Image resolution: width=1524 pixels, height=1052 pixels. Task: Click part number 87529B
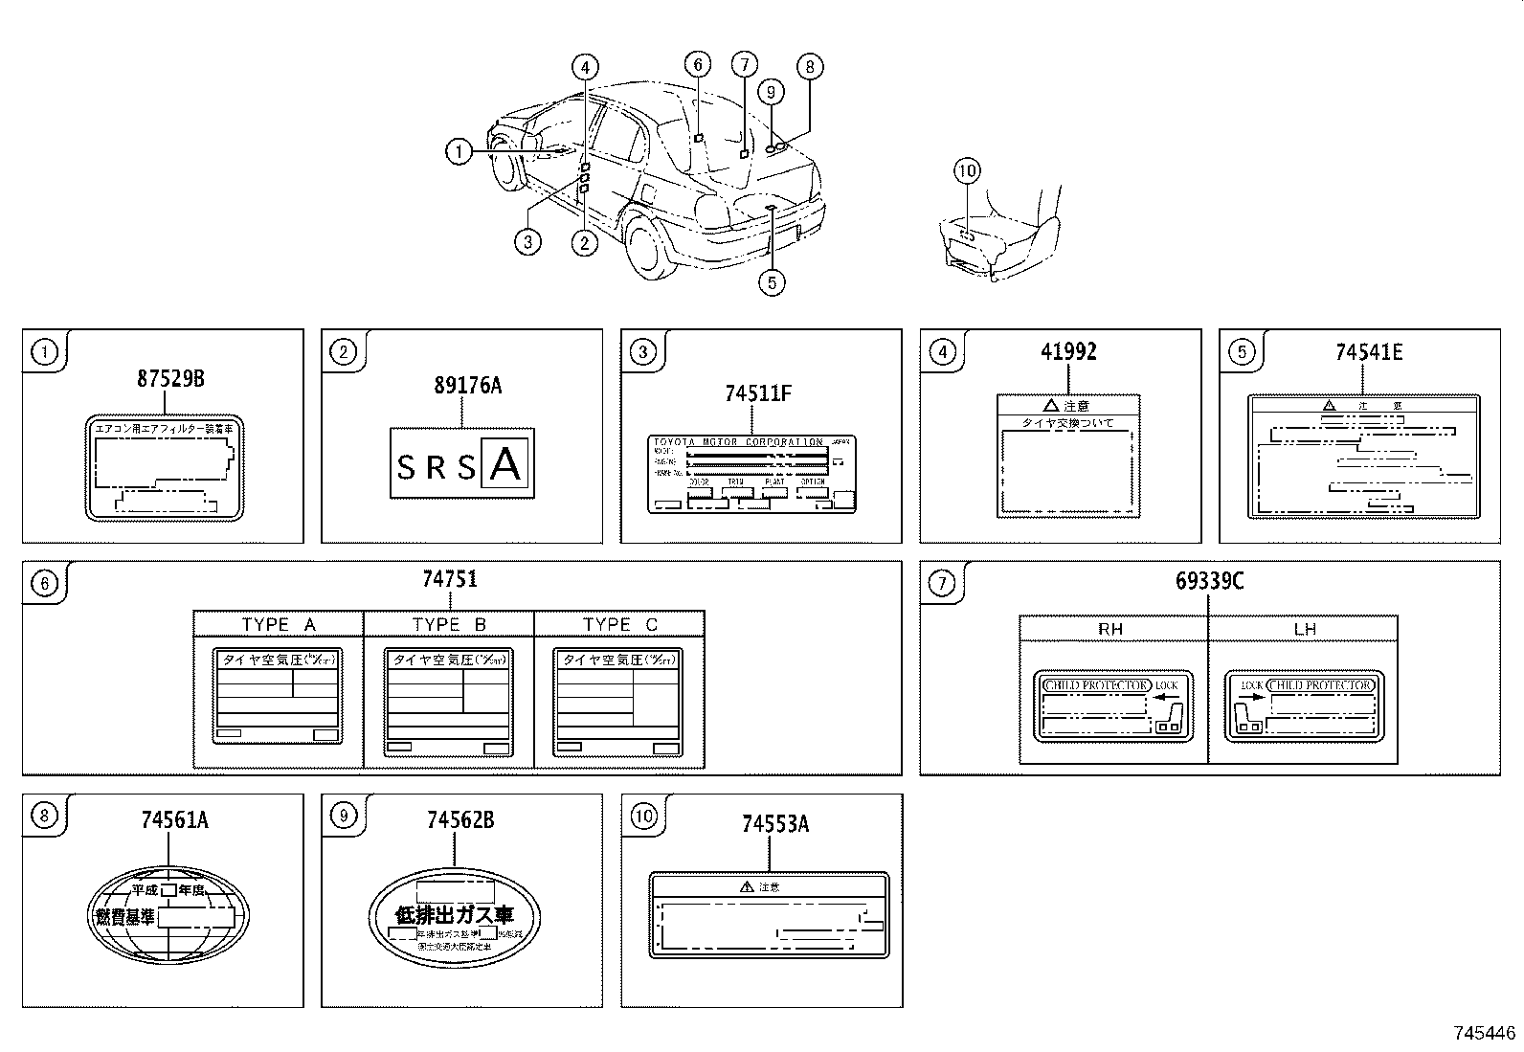point(169,379)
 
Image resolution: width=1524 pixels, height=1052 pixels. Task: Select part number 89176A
point(467,386)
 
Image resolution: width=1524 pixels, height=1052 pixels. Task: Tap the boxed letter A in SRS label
point(505,464)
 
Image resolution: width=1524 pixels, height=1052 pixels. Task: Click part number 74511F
point(758,393)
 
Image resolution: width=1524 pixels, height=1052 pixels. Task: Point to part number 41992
point(1068,352)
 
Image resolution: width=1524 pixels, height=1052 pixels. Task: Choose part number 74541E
point(1369,352)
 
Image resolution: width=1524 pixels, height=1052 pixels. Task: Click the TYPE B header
point(449,625)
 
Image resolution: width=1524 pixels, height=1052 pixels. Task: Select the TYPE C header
point(619,625)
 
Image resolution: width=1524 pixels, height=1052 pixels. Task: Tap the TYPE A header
point(279,625)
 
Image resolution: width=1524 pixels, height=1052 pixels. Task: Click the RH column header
point(1110,629)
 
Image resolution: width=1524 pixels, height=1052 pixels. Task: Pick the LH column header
point(1305,629)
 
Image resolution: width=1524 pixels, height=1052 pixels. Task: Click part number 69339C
point(1209,581)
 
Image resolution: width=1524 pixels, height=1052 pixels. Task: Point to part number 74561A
point(174,820)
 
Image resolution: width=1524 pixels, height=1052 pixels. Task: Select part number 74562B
point(460,820)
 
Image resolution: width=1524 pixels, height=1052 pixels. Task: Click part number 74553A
point(774,824)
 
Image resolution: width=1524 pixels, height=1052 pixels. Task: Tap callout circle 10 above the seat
point(967,171)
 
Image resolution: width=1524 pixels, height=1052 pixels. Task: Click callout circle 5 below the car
point(772,282)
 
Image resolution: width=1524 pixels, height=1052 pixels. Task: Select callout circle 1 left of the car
point(459,151)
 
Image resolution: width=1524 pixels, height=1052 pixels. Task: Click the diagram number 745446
point(1485,1033)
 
